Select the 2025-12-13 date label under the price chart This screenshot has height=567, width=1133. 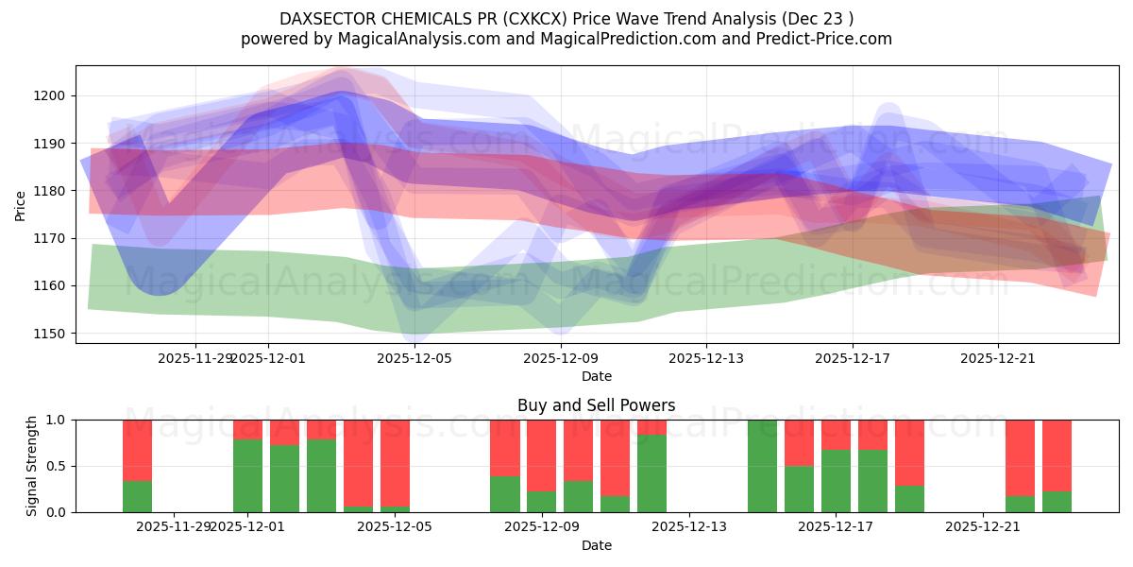coord(706,358)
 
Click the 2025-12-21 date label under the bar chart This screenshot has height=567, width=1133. coord(984,526)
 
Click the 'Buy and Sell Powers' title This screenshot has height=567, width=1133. coord(596,405)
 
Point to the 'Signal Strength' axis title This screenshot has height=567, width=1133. coord(31,466)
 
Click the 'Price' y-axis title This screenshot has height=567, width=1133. coord(21,205)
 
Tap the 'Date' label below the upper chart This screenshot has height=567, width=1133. coord(596,376)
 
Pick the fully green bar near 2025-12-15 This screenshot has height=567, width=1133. coord(762,466)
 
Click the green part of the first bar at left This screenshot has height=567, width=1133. coord(137,496)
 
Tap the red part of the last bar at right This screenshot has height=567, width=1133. coord(1057,454)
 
